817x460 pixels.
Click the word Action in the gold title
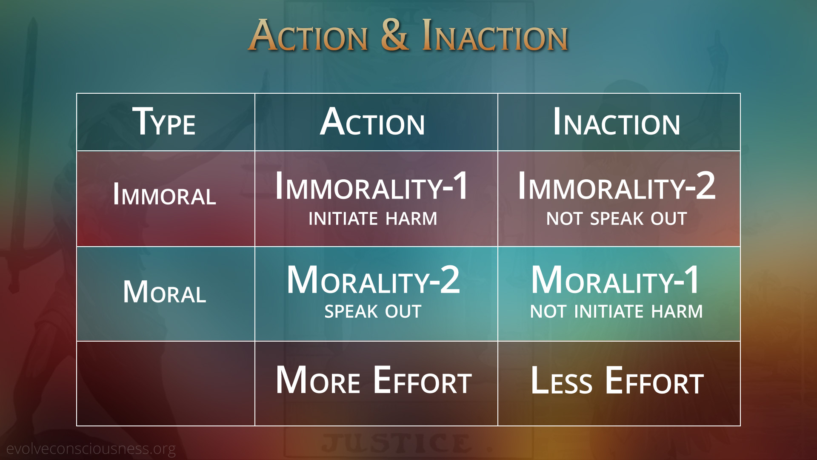[x=308, y=36]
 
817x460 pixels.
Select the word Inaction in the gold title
[x=495, y=36]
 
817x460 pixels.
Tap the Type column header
[x=164, y=122]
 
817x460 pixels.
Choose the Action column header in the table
[x=373, y=122]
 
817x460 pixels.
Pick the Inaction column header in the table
[x=617, y=122]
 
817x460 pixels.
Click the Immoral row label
[x=165, y=195]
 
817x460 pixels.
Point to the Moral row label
[x=165, y=292]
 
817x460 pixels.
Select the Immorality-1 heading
[x=372, y=186]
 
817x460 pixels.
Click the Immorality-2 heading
[x=617, y=186]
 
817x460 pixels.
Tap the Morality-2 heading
[x=373, y=280]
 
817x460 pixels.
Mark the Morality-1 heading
[x=615, y=280]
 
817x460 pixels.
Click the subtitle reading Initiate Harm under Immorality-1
[x=373, y=219]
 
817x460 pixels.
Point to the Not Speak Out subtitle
[x=617, y=219]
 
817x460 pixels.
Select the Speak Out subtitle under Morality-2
[x=373, y=312]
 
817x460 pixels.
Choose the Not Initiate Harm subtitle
[x=617, y=312]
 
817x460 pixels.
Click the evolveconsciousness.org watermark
[x=91, y=449]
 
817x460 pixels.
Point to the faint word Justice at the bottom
[x=397, y=443]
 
